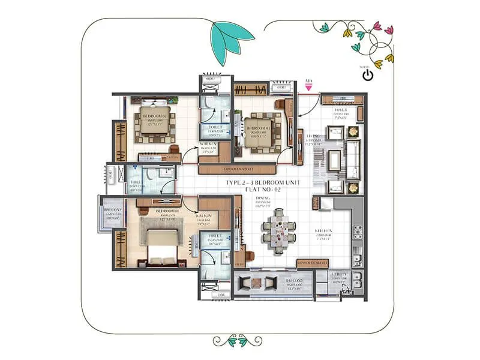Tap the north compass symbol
[368, 75]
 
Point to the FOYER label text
[341, 110]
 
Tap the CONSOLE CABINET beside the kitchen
[312, 263]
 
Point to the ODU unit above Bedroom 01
[281, 88]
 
